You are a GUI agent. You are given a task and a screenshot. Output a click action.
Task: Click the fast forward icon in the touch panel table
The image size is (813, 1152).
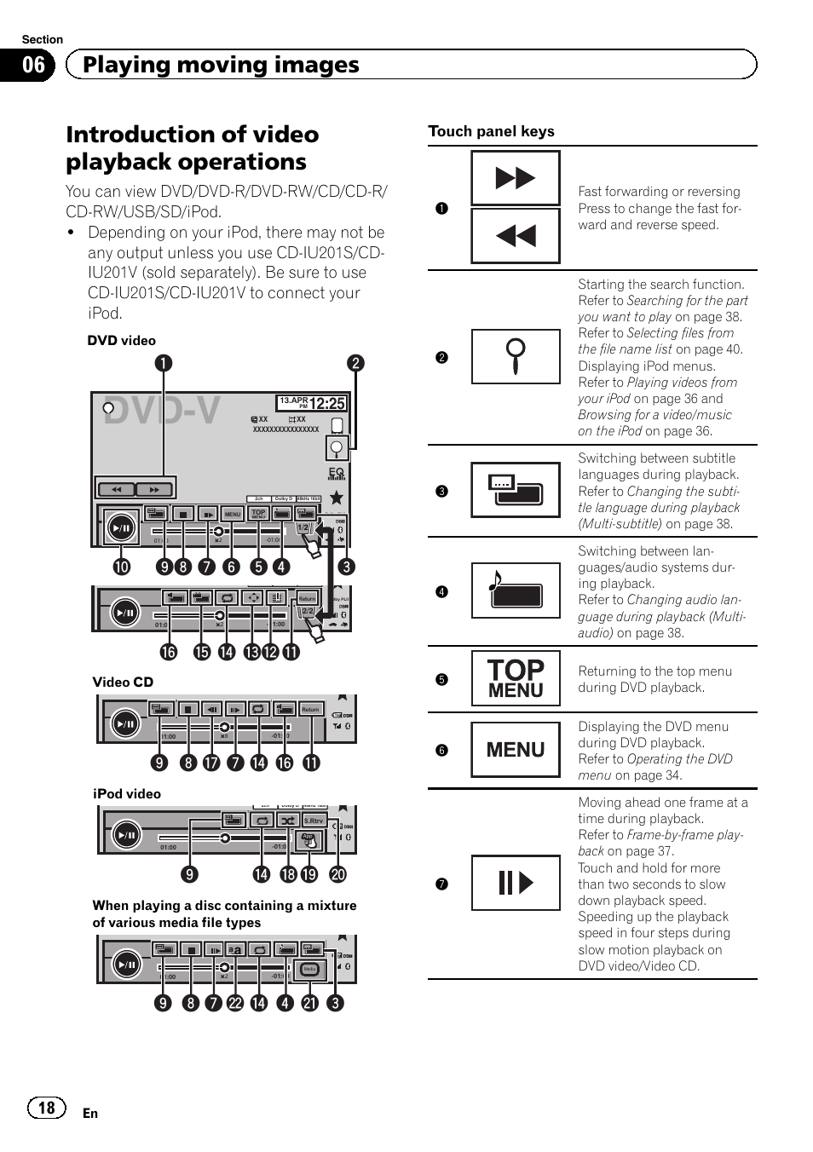pyautogui.click(x=516, y=178)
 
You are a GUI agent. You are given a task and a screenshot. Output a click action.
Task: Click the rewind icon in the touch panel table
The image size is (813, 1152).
pyautogui.click(x=516, y=235)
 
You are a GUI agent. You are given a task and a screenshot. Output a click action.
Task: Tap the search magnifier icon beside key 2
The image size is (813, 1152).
pyautogui.click(x=516, y=356)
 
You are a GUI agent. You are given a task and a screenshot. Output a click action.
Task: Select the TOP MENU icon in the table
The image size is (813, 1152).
pyautogui.click(x=516, y=678)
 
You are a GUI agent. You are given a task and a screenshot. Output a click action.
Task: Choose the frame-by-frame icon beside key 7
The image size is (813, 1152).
pyautogui.click(x=516, y=883)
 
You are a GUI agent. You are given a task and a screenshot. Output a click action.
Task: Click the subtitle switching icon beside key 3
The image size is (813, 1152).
pyautogui.click(x=516, y=490)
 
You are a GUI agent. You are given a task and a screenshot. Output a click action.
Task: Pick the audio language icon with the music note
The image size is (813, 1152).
pyautogui.click(x=516, y=590)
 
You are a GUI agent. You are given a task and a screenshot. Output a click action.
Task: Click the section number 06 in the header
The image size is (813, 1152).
pyautogui.click(x=33, y=65)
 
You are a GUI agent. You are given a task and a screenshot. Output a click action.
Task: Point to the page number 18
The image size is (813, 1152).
pyautogui.click(x=46, y=1107)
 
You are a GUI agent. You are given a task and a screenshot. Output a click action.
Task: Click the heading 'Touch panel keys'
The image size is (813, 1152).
pyautogui.click(x=491, y=131)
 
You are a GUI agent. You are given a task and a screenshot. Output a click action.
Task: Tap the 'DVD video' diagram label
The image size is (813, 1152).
pyautogui.click(x=121, y=341)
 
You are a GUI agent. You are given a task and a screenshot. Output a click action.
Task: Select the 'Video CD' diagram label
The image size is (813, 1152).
pyautogui.click(x=123, y=682)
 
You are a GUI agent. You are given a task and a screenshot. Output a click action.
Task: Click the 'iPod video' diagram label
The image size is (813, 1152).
pyautogui.click(x=126, y=794)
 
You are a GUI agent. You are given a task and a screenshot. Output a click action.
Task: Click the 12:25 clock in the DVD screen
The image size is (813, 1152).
pyautogui.click(x=327, y=403)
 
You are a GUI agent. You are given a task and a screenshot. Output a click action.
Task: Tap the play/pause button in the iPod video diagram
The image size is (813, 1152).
pyautogui.click(x=125, y=835)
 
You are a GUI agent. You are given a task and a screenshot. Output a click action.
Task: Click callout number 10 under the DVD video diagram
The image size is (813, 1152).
pyautogui.click(x=122, y=567)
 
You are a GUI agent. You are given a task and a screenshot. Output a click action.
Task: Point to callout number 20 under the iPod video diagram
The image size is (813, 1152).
pyautogui.click(x=338, y=874)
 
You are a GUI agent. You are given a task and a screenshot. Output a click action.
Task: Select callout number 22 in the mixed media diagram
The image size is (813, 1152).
pyautogui.click(x=235, y=1003)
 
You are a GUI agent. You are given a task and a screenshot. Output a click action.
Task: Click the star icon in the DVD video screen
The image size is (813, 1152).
pyautogui.click(x=337, y=497)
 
